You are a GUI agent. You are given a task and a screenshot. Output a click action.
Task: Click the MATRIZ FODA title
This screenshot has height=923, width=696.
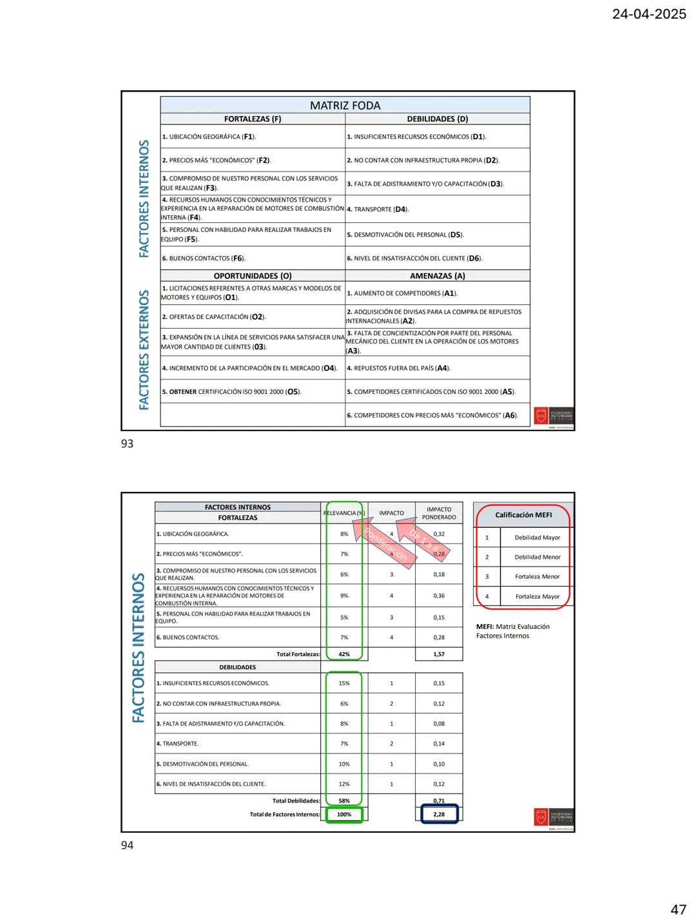pyautogui.click(x=345, y=105)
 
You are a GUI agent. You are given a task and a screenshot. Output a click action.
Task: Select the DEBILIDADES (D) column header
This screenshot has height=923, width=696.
pyautogui.click(x=437, y=119)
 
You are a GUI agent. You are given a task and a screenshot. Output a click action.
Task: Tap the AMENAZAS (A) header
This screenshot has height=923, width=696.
pyautogui.click(x=437, y=276)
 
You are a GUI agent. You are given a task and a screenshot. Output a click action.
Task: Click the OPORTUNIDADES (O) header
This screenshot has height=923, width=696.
pyautogui.click(x=253, y=276)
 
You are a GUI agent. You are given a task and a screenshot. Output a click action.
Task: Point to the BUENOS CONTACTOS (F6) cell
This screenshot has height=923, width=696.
pyautogui.click(x=204, y=258)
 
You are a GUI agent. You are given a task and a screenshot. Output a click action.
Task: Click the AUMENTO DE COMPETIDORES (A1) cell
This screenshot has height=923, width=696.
pyautogui.click(x=402, y=293)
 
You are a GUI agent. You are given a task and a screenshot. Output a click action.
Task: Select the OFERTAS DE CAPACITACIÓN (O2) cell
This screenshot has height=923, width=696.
pyautogui.click(x=214, y=317)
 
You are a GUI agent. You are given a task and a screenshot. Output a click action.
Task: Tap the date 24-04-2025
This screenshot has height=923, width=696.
pyautogui.click(x=648, y=14)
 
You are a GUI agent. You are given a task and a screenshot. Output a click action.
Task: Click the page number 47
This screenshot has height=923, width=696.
pyautogui.click(x=678, y=909)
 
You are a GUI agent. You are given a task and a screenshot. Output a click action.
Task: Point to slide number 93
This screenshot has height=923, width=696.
pyautogui.click(x=128, y=443)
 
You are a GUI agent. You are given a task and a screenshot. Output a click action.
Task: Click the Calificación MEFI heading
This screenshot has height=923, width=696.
pyautogui.click(x=523, y=515)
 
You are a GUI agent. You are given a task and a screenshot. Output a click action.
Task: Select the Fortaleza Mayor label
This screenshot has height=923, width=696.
pyautogui.click(x=537, y=597)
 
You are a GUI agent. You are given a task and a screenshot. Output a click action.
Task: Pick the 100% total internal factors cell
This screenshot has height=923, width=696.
pyautogui.click(x=344, y=815)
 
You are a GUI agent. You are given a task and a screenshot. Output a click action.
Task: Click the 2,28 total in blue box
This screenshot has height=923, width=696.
pyautogui.click(x=439, y=815)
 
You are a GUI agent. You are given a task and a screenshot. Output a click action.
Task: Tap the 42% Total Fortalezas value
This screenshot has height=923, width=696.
pyautogui.click(x=344, y=654)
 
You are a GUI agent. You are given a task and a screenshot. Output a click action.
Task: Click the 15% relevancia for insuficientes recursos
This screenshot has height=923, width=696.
pyautogui.click(x=344, y=683)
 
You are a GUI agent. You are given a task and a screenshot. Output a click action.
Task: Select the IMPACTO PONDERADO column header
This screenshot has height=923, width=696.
pyautogui.click(x=439, y=513)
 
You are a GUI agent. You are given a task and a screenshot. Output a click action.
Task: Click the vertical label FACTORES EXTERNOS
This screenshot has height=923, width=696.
pyautogui.click(x=144, y=349)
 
